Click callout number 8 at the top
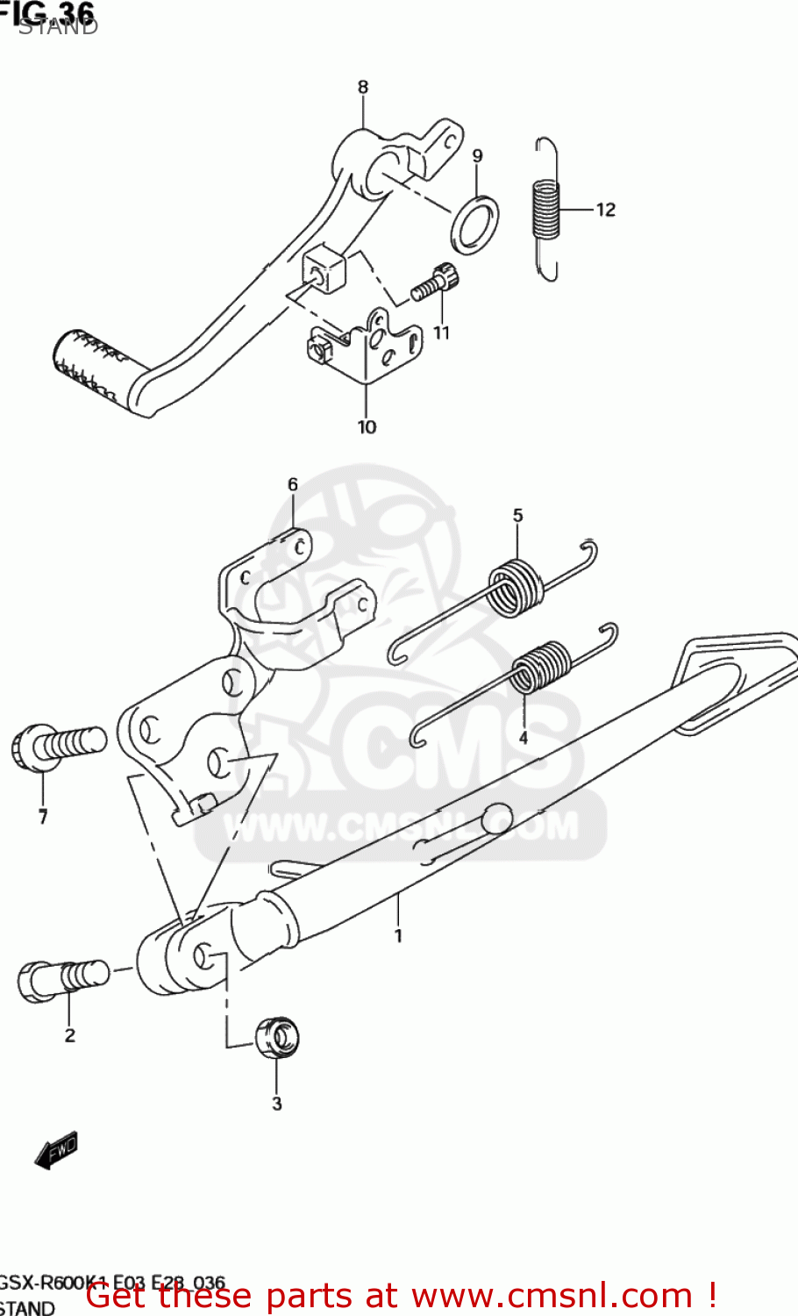pos(363,87)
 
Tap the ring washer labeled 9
pos(474,225)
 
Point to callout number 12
pos(606,210)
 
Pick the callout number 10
pos(367,427)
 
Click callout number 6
pos(293,484)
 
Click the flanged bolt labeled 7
pos(56,746)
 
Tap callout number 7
pos(42,817)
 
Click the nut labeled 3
pos(277,1037)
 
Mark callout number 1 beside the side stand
pos(398,936)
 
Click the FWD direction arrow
pos(57,1149)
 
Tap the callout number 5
pos(517,516)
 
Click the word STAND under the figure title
pos(58,26)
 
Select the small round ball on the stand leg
pos(497,818)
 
